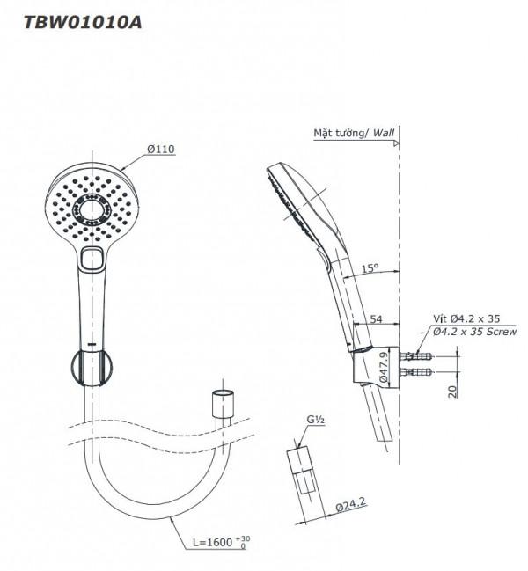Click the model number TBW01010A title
[83, 23]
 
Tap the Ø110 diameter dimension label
[161, 150]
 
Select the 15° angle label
[370, 268]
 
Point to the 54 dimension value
[376, 319]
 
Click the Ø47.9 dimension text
[383, 367]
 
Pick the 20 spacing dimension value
[452, 392]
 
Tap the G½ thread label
[316, 420]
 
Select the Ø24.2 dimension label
[350, 505]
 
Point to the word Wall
[384, 133]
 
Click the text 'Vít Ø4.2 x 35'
[466, 318]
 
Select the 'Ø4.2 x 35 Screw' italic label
[475, 332]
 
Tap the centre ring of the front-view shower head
[91, 210]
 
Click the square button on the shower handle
[92, 259]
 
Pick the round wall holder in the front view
[92, 368]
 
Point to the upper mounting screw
[416, 355]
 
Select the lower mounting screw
[416, 372]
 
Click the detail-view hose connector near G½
[302, 471]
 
